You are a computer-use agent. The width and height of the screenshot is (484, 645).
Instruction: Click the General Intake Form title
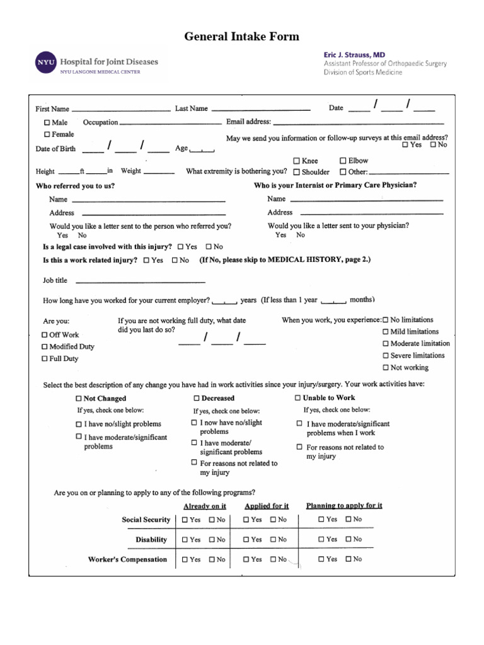(241, 37)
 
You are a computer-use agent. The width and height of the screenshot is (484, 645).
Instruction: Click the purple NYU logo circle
(45, 63)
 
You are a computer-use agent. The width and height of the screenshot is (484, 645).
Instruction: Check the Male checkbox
(47, 122)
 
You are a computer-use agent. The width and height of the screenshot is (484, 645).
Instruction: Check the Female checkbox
(47, 134)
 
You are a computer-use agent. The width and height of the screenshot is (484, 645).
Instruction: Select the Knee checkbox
(296, 161)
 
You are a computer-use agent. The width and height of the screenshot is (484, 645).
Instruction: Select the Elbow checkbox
(343, 161)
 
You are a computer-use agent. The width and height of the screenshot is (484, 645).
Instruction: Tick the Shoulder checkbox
(296, 171)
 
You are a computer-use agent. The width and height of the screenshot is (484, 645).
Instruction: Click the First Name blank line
(121, 108)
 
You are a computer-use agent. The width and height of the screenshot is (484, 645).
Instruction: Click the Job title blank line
(140, 281)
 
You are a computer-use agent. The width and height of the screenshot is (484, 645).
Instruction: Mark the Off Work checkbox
(45, 334)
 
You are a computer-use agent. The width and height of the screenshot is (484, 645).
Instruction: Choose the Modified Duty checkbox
(45, 346)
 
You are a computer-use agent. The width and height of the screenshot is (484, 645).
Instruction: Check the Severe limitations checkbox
(386, 355)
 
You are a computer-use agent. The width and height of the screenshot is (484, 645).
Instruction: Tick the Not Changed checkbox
(79, 398)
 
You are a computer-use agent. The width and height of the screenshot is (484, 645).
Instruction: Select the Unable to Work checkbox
(298, 397)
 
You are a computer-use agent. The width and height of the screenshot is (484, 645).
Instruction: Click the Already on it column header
(205, 506)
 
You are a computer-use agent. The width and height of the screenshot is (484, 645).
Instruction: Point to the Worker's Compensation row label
(127, 559)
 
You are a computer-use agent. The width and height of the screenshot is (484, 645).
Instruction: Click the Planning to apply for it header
(344, 505)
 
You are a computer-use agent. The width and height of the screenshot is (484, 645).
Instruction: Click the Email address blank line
(358, 122)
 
